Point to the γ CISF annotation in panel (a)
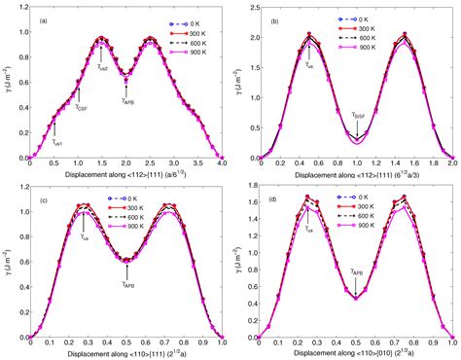point(85,108)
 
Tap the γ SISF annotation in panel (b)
point(360,114)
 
